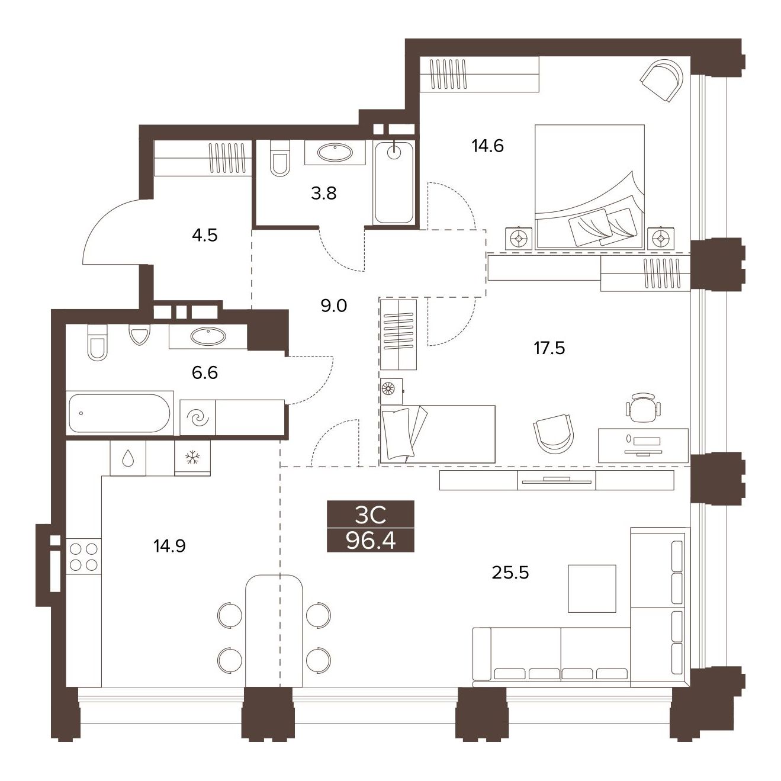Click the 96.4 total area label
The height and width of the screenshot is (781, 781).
pyautogui.click(x=371, y=540)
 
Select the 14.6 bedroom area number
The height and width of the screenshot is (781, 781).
pyautogui.click(x=487, y=146)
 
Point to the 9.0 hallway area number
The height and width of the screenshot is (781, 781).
pyautogui.click(x=333, y=306)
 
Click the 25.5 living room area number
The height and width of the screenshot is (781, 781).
pyautogui.click(x=510, y=573)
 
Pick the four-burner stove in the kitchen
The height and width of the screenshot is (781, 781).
pyautogui.click(x=83, y=557)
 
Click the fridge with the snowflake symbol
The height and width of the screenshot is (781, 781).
pyautogui.click(x=192, y=457)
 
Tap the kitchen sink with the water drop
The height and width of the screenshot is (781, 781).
pyautogui.click(x=128, y=458)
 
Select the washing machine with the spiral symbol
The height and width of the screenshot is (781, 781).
pyautogui.click(x=198, y=417)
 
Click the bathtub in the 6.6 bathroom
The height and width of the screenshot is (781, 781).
pyautogui.click(x=120, y=413)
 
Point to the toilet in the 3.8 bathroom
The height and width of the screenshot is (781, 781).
pyautogui.click(x=280, y=159)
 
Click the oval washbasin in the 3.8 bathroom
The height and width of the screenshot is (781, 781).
pyautogui.click(x=335, y=153)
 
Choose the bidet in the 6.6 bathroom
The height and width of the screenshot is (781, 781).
pyautogui.click(x=139, y=335)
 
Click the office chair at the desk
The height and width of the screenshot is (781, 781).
pyautogui.click(x=644, y=407)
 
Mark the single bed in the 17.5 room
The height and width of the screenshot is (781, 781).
pyautogui.click(x=438, y=434)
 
